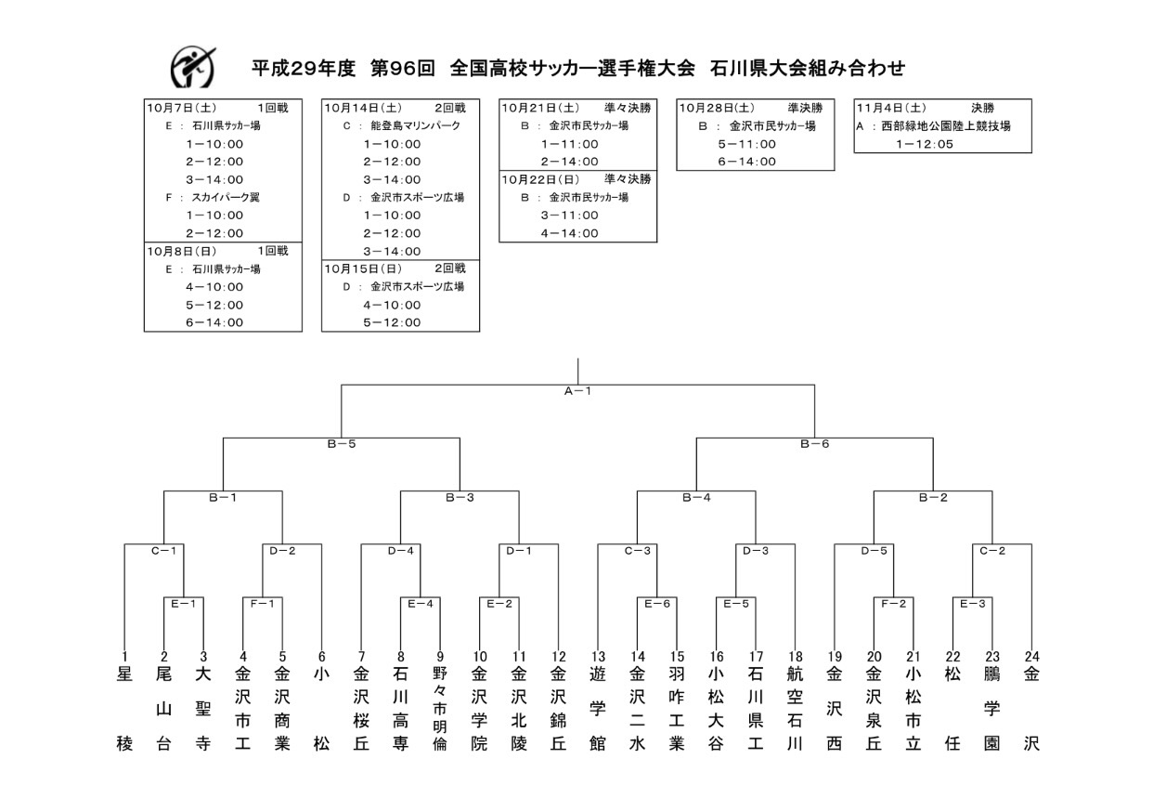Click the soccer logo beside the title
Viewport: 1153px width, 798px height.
193,67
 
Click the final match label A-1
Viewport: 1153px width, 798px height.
577,391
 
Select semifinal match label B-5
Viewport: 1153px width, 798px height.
341,444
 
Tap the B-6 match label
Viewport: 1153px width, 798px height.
814,444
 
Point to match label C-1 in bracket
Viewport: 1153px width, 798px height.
163,551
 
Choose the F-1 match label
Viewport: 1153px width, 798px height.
262,603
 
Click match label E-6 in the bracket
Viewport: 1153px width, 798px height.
657,603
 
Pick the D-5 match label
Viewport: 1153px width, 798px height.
874,551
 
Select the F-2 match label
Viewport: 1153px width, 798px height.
893,603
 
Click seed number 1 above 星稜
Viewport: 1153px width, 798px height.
124,657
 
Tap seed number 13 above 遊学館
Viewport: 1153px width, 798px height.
598,657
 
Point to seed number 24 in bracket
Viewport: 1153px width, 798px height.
1031,657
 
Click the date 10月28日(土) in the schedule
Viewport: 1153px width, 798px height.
715,108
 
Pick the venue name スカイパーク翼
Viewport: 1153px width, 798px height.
225,197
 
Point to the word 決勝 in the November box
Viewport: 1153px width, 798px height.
982,108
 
